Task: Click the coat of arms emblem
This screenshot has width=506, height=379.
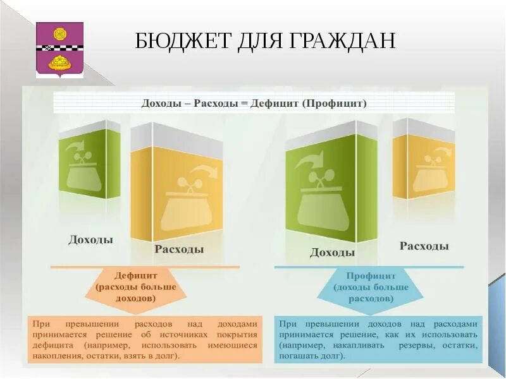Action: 59,50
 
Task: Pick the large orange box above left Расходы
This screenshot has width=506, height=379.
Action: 176,189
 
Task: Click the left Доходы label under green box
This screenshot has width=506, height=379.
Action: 90,240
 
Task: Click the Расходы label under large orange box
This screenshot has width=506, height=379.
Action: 179,250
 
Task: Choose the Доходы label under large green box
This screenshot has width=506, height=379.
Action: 332,253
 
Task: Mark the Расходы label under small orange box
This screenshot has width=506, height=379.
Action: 424,246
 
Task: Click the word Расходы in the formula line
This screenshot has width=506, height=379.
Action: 219,102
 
